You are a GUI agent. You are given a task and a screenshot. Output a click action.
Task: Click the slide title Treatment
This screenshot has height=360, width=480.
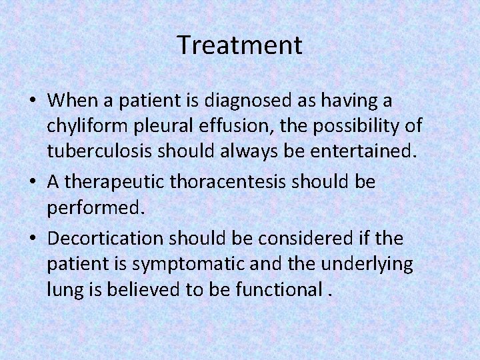[240, 45]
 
